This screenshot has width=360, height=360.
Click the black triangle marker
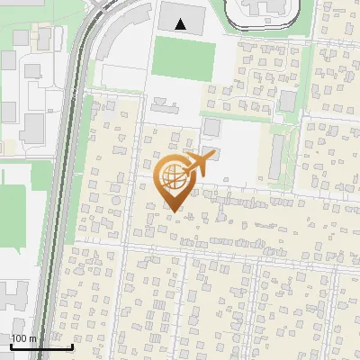point(182,24)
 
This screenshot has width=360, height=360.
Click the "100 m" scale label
point(23,338)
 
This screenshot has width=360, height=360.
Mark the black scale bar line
point(41,346)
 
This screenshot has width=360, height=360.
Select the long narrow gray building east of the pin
point(274,155)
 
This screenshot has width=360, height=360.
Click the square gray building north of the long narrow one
point(287,101)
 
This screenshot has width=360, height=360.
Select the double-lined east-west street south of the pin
point(216,245)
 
